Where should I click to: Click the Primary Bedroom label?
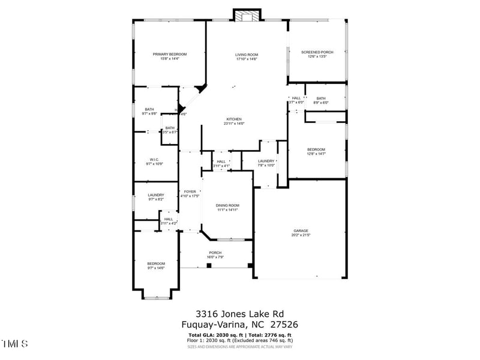coord(170,56)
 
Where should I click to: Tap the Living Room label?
coord(246,56)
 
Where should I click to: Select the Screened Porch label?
coord(317,54)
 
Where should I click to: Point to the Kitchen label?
coord(233,121)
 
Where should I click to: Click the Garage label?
coord(301,233)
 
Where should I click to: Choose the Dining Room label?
coord(227,208)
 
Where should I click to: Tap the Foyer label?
coord(190,193)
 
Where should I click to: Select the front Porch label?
coord(215,254)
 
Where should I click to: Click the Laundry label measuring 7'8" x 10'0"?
coord(266,163)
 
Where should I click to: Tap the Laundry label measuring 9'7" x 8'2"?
coord(156,197)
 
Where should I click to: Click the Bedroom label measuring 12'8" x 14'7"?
coord(316,151)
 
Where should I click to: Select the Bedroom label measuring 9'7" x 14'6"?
coord(156,265)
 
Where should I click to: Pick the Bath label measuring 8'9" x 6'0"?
coord(321,100)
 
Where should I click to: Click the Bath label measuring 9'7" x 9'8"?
coord(149,111)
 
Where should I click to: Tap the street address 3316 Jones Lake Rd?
coord(239,313)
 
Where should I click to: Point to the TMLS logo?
coord(15,344)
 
